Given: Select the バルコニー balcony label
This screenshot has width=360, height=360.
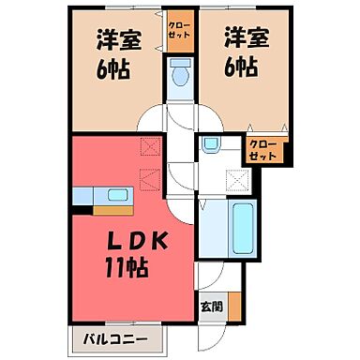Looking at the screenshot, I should (x=105, y=337).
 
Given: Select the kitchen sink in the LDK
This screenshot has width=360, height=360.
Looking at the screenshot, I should (x=118, y=195).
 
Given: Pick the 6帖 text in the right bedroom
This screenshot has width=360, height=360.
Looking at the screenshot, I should (x=242, y=66).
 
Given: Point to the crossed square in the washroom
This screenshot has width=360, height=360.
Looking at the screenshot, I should (x=240, y=180).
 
